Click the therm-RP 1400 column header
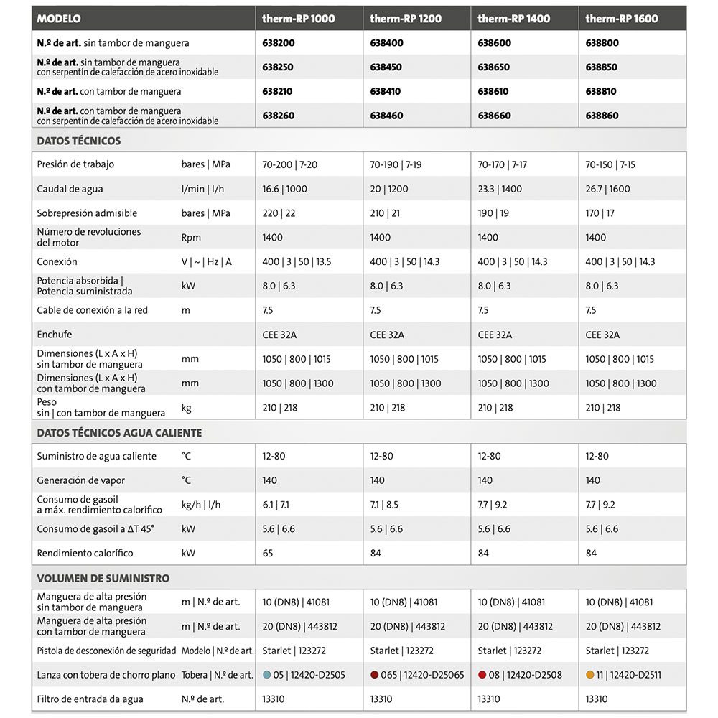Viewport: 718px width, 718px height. pyautogui.click(x=513, y=19)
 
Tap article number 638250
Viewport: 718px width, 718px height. pyautogui.click(x=279, y=67)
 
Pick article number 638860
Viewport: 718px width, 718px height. pyautogui.click(x=602, y=116)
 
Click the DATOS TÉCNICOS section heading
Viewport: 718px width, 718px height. pyautogui.click(x=79, y=141)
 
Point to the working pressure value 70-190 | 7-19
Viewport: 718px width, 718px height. pyautogui.click(x=396, y=164)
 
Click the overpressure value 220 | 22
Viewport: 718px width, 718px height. pyautogui.click(x=279, y=213)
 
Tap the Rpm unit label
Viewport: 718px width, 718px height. pyautogui.click(x=191, y=238)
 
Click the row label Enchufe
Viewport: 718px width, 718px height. pyautogui.click(x=55, y=335)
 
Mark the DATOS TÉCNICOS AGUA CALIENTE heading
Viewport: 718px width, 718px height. pyautogui.click(x=119, y=433)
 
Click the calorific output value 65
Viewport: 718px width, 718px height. pyautogui.click(x=268, y=554)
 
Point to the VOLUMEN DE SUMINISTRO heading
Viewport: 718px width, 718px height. pyautogui.click(x=103, y=578)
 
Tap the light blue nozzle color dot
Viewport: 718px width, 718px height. pyautogui.click(x=267, y=675)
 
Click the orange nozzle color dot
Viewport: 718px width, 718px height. pyautogui.click(x=590, y=675)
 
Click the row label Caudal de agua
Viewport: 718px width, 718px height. pyautogui.click(x=70, y=189)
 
